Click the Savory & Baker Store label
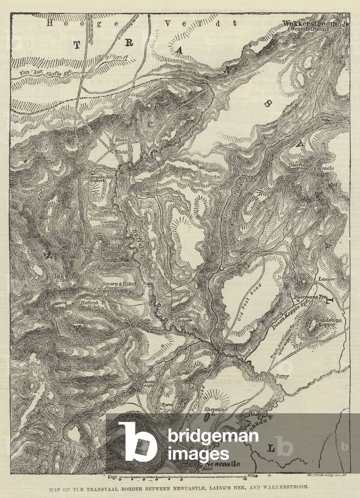click(120, 285)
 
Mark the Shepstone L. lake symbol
click(208, 416)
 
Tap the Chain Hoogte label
click(148, 383)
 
